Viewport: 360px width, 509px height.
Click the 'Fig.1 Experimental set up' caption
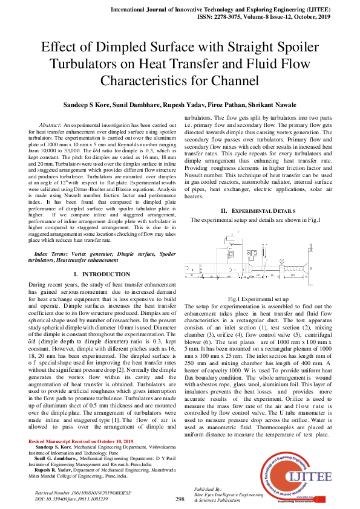pos(258,299)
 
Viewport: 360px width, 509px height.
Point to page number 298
pos(179,499)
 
